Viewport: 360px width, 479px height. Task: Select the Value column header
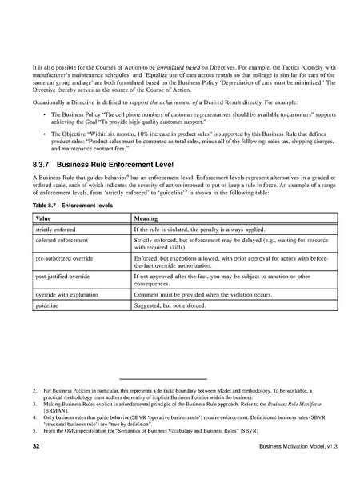44,218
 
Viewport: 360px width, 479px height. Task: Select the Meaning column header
146,218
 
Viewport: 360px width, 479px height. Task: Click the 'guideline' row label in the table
50,308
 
